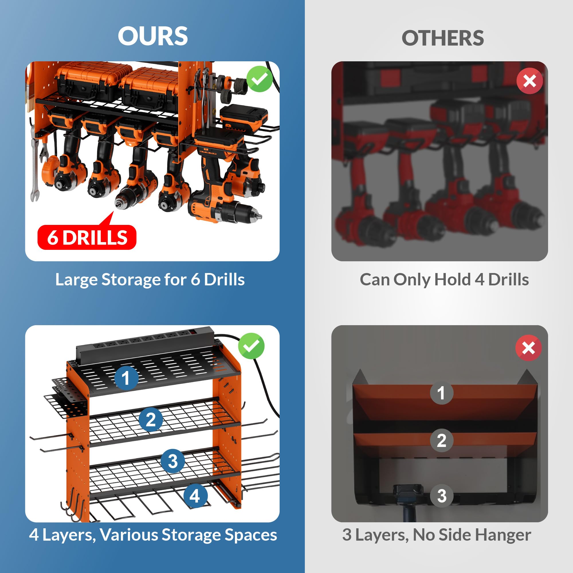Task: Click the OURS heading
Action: point(153,36)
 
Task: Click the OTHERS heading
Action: point(443,38)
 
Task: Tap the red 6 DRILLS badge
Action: point(87,238)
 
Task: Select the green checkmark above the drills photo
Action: point(260,79)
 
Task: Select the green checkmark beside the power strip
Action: point(251,346)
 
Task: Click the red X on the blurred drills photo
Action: point(529,81)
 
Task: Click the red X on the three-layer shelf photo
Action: point(528,348)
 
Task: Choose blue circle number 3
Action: point(172,461)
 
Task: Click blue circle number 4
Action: point(195,496)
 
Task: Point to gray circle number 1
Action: point(441,393)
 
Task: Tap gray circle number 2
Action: point(441,440)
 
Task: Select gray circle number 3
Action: point(441,496)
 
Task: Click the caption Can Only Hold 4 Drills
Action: point(444,279)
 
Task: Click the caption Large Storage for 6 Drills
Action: point(150,279)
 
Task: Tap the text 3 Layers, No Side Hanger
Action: point(437,535)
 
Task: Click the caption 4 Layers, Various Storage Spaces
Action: point(153,535)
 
